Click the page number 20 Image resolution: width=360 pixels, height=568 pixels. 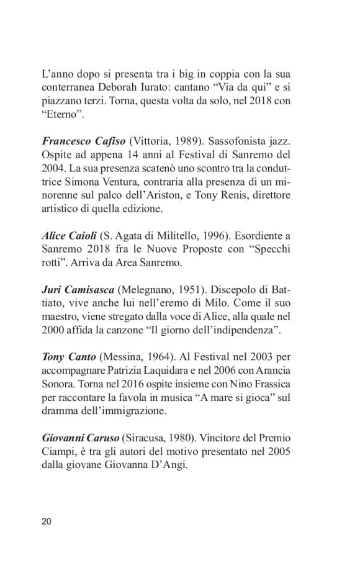pyautogui.click(x=47, y=520)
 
